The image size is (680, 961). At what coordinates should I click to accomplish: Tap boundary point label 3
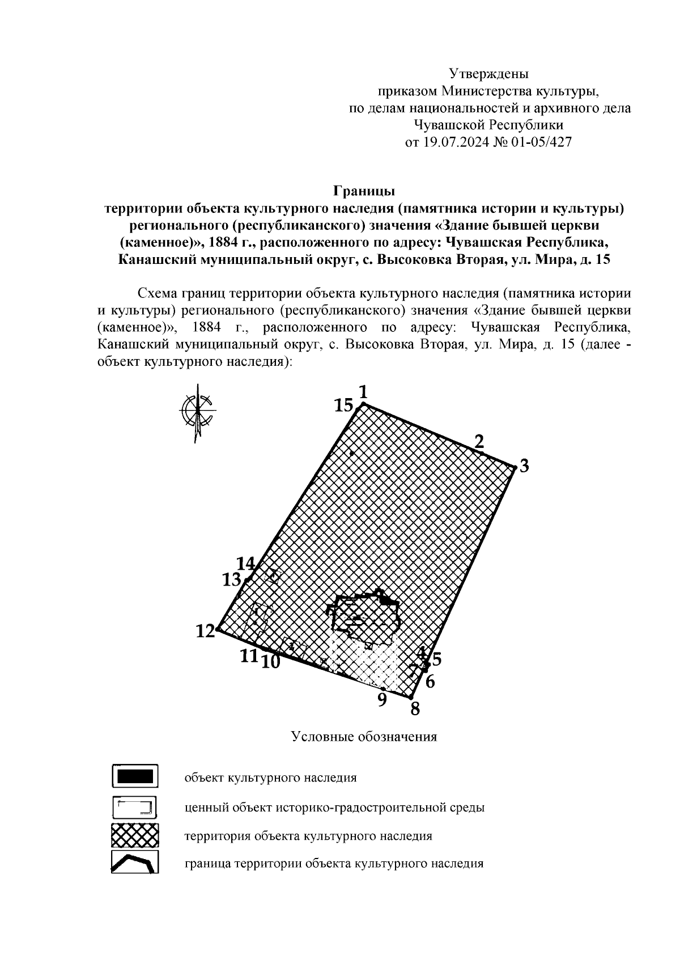(524, 467)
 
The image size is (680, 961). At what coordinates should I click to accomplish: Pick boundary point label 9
(382, 700)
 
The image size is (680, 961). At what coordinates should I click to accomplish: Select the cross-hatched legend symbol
(135, 835)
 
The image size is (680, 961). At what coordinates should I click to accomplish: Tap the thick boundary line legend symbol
(135, 863)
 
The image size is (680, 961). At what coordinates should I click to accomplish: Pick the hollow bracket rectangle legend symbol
(135, 806)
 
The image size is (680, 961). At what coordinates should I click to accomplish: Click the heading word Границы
(363, 190)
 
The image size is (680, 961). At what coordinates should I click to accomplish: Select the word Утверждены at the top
(488, 74)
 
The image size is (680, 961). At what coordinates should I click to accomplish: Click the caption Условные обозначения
(364, 737)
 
